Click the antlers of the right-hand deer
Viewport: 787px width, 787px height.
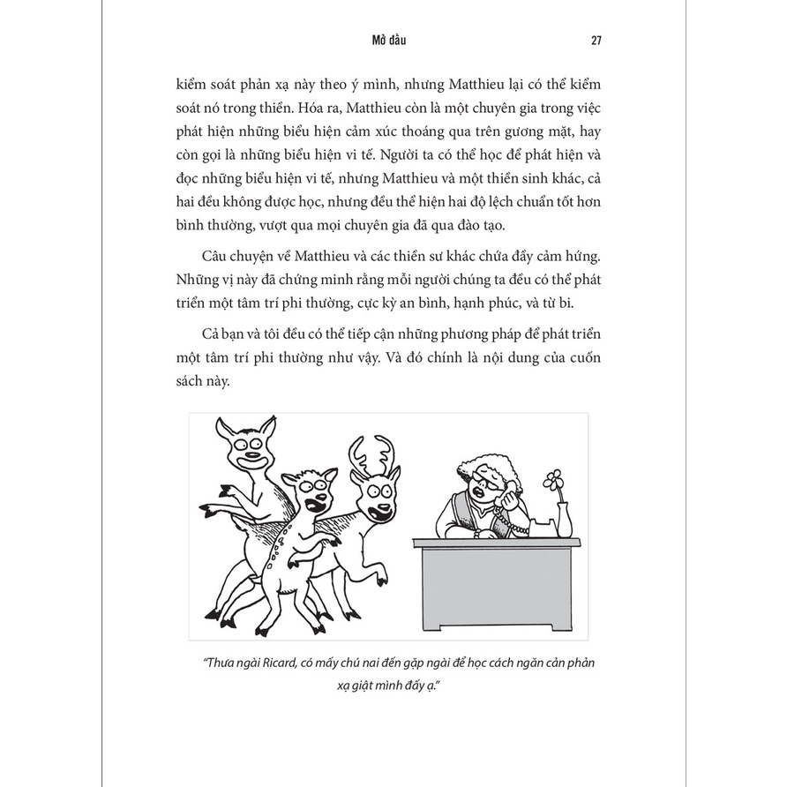coord(371,450)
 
